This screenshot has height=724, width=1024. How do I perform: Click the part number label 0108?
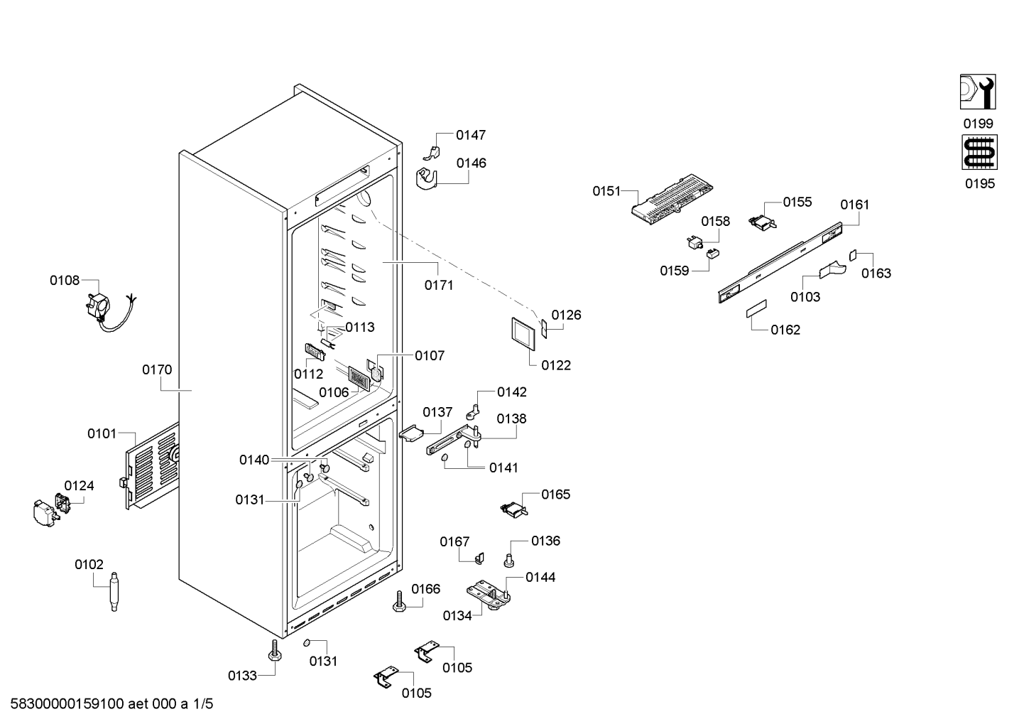(x=65, y=281)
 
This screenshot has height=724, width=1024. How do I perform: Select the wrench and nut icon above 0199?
(x=978, y=92)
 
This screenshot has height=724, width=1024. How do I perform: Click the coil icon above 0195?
(x=980, y=152)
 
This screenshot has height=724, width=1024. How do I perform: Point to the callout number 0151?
(x=606, y=191)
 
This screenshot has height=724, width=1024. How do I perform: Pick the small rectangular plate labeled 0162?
(x=756, y=309)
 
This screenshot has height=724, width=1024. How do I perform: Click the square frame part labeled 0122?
(x=523, y=334)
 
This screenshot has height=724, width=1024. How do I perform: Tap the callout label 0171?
(x=439, y=286)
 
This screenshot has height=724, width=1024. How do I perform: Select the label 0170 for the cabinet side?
(x=157, y=369)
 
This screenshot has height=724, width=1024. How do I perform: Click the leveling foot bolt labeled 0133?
(x=275, y=650)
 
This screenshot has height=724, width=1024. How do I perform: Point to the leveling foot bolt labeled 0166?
(x=400, y=601)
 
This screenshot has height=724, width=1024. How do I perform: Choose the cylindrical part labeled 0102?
(x=114, y=591)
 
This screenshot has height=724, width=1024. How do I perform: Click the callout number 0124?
(x=79, y=486)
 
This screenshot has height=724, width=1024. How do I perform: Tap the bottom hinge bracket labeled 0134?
(x=489, y=595)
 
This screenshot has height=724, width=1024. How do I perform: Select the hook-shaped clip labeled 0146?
(x=427, y=179)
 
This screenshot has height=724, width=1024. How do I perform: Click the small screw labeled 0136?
(x=508, y=561)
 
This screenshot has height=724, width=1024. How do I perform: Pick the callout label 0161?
(x=854, y=205)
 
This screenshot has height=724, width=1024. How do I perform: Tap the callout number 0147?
(x=471, y=136)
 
